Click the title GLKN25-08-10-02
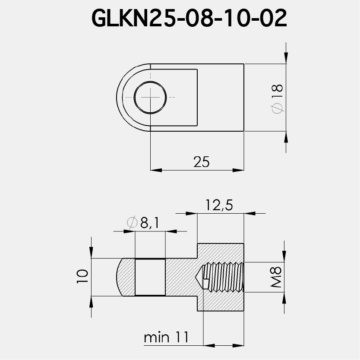pyautogui.click(x=189, y=19)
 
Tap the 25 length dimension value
pyautogui.click(x=201, y=162)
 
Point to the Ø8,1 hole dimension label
pyautogui.click(x=144, y=223)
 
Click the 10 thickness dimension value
pyautogui.click(x=82, y=276)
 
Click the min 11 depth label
pyautogui.click(x=166, y=337)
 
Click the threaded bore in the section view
pyautogui.click(x=224, y=277)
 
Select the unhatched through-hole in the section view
pyautogui.click(x=150, y=277)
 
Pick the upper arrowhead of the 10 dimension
pyautogui.click(x=92, y=253)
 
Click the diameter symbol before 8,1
pyautogui.click(x=132, y=223)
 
